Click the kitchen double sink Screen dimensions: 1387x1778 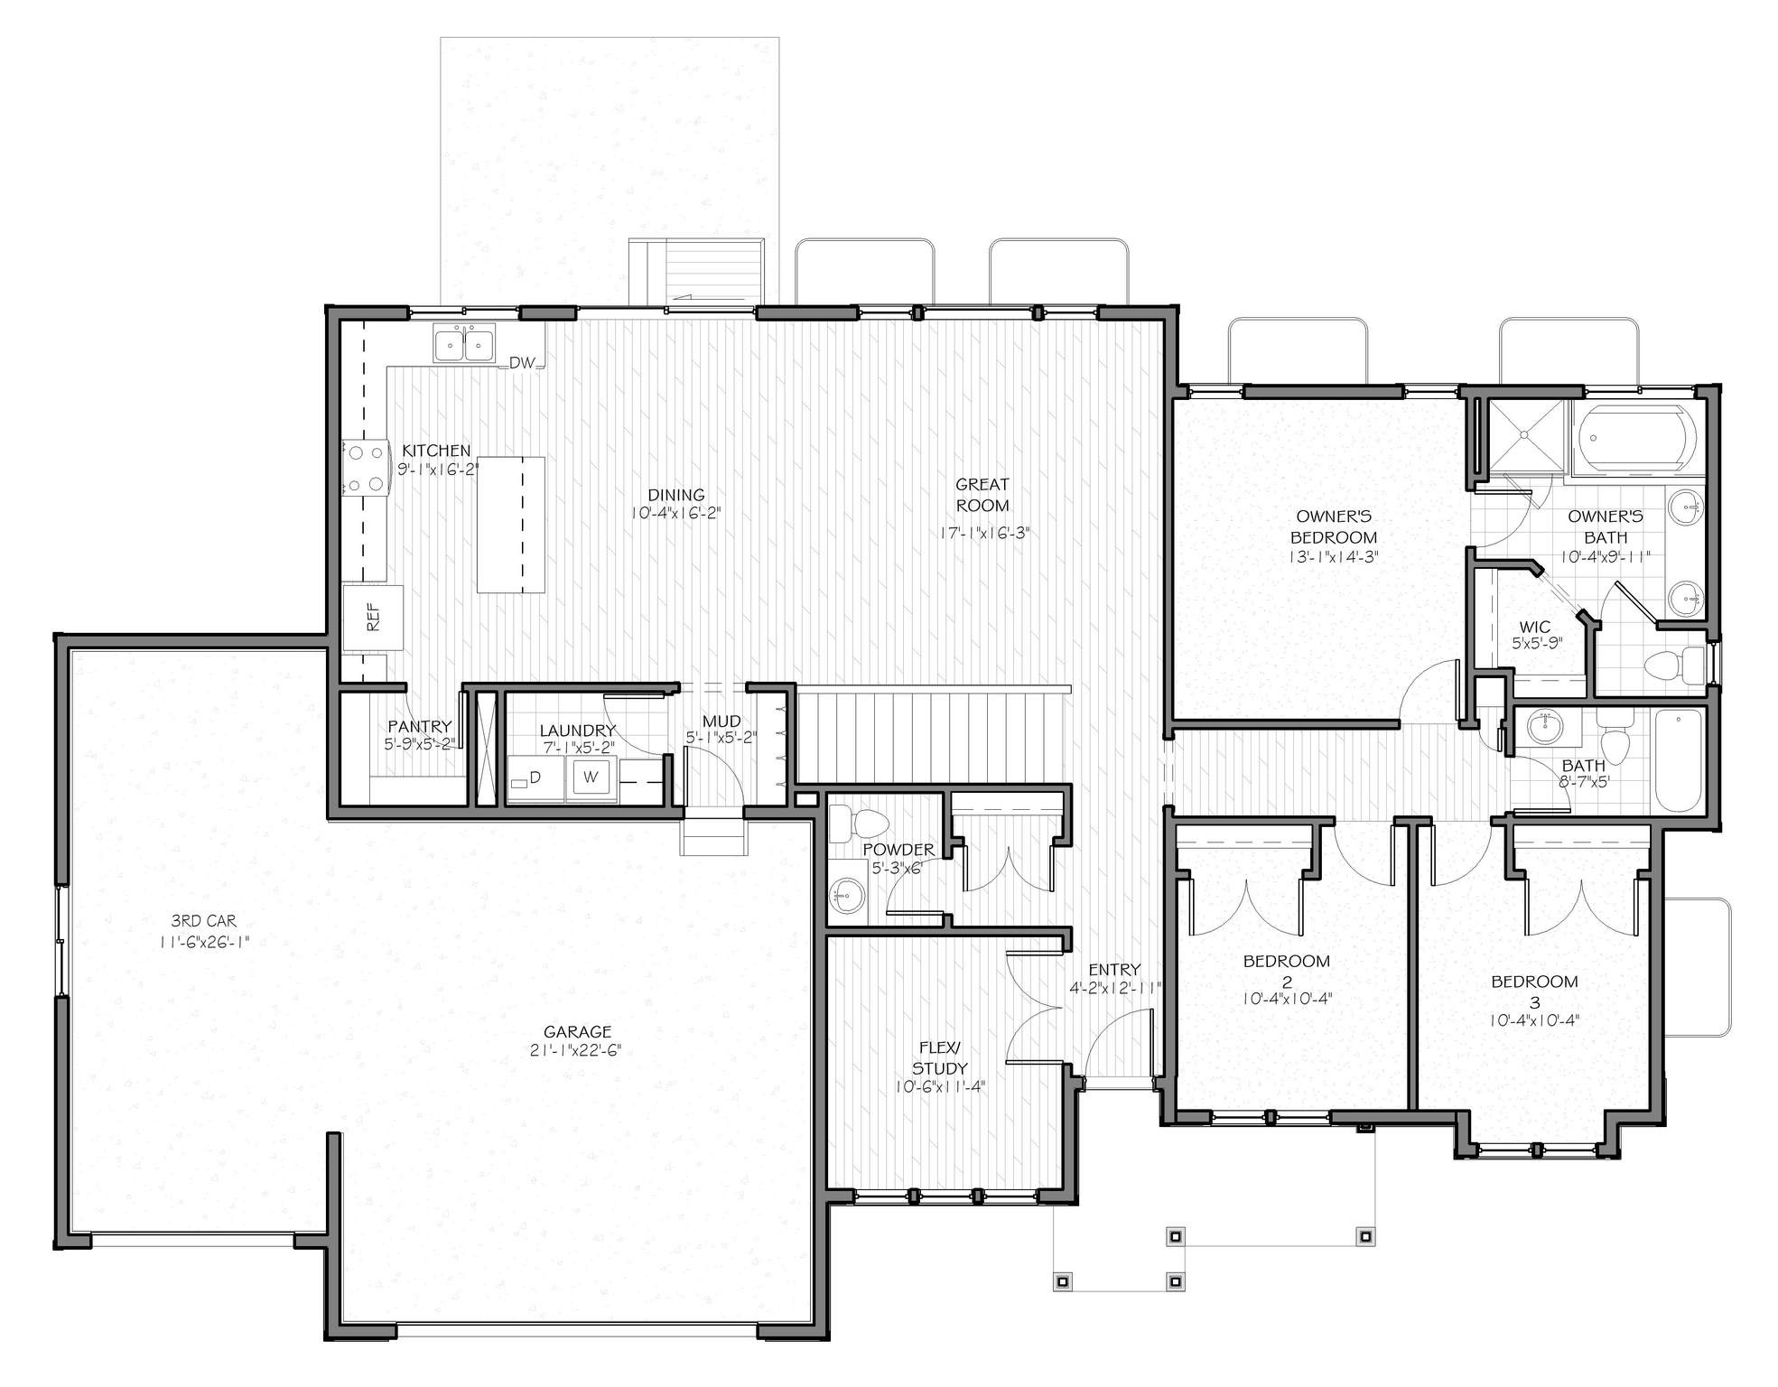(x=463, y=344)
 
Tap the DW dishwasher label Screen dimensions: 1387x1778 (x=522, y=363)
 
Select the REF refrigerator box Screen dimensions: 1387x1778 (x=373, y=618)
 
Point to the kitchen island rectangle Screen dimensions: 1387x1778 (x=511, y=525)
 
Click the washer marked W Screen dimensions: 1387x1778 (x=591, y=777)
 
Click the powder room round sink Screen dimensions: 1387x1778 (x=846, y=897)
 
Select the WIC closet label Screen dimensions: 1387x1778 (x=1534, y=628)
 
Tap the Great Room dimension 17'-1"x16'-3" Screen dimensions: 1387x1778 (x=984, y=534)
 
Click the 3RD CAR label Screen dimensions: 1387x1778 (x=204, y=921)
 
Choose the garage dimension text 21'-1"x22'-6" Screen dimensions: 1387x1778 (x=577, y=1050)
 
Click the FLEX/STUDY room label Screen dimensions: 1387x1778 (x=939, y=1057)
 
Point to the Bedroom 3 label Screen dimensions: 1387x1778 (x=1534, y=991)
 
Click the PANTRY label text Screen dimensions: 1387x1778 (x=419, y=726)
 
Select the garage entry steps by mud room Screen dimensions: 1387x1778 (x=714, y=836)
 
